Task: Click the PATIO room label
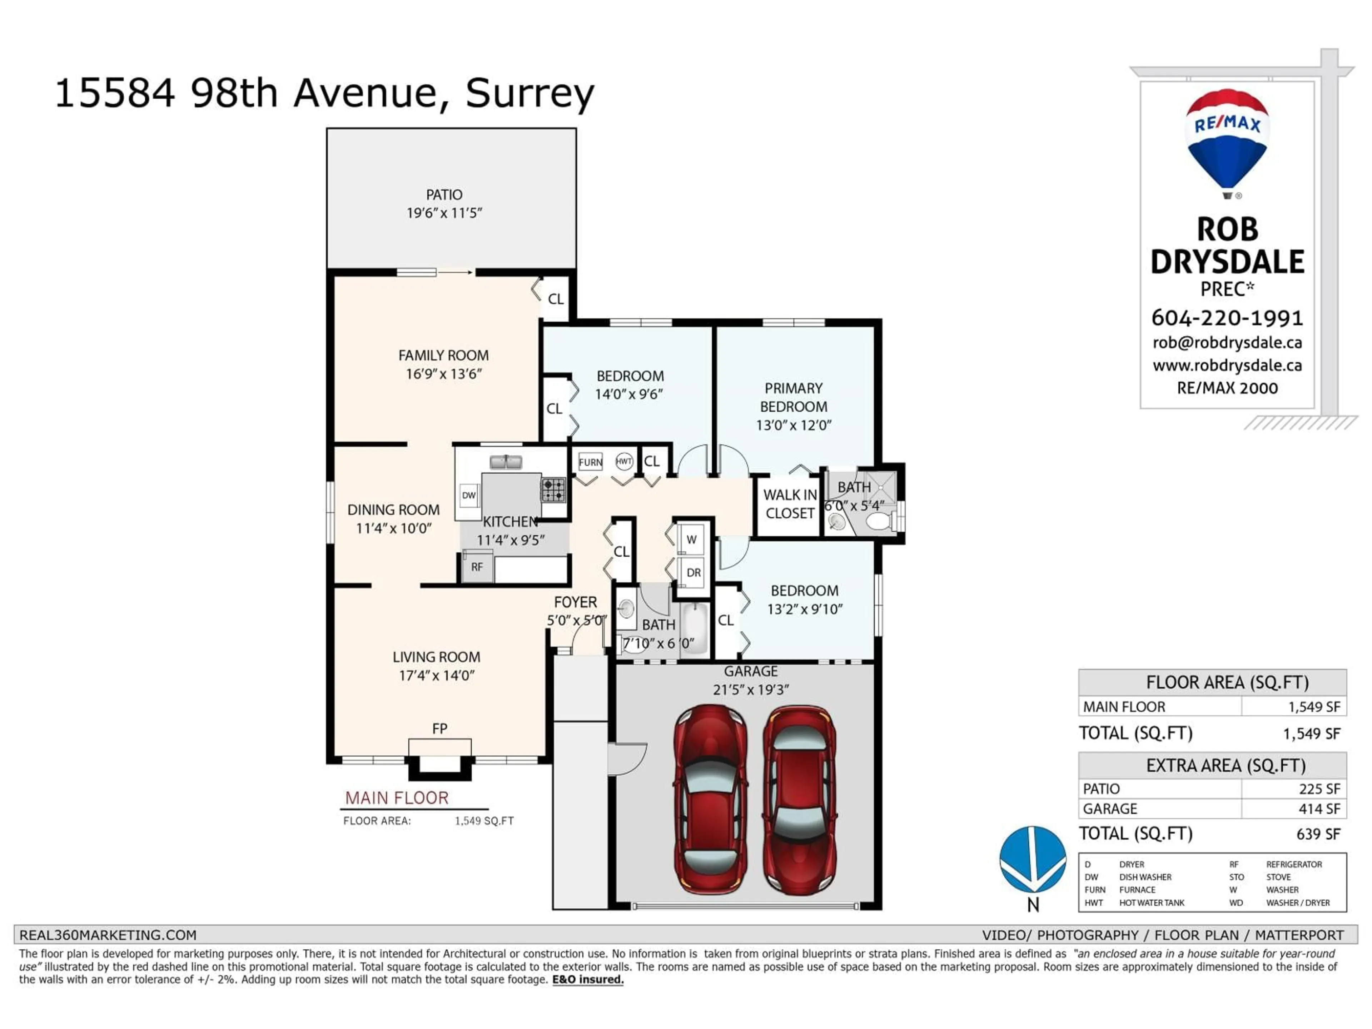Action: click(444, 195)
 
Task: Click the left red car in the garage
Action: click(710, 799)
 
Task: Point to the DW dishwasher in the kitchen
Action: click(469, 495)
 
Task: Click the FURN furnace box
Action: click(590, 462)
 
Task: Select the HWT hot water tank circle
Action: click(624, 461)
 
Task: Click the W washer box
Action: click(692, 540)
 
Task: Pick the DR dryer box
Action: click(694, 572)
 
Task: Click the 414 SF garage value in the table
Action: click(1319, 809)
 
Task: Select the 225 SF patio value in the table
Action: click(1319, 789)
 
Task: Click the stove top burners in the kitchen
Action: click(553, 490)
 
